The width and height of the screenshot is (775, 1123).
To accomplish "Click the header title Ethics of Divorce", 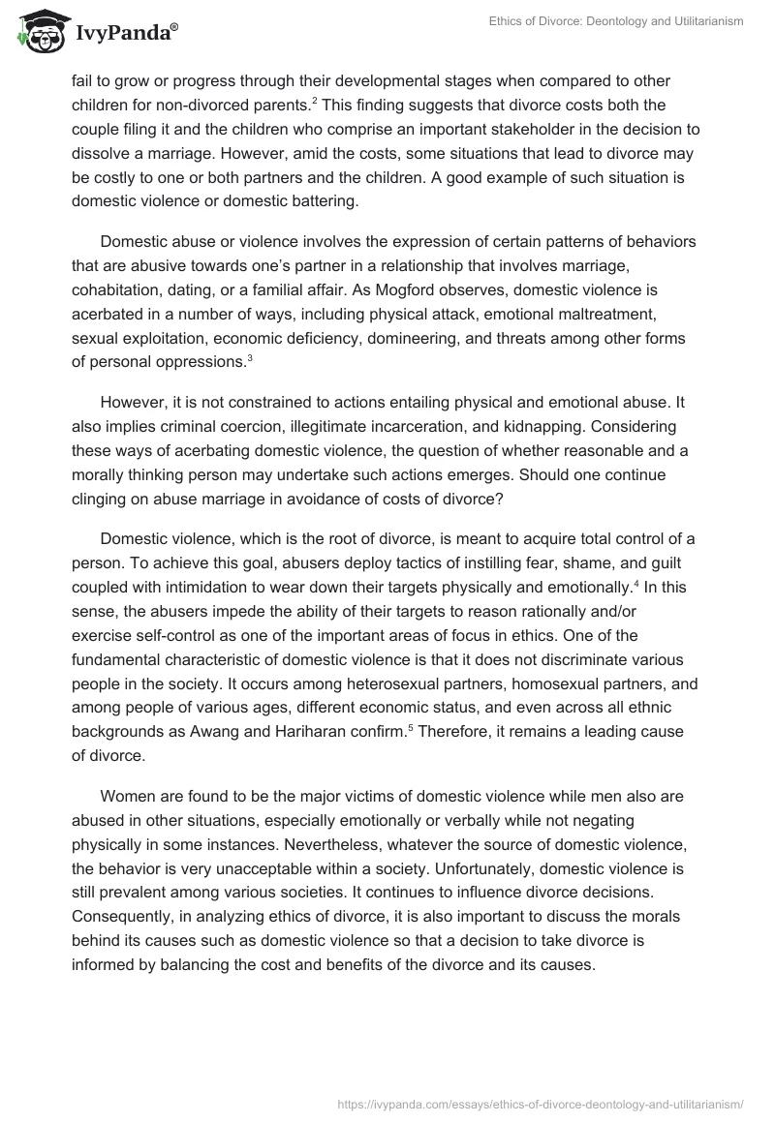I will [x=611, y=21].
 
